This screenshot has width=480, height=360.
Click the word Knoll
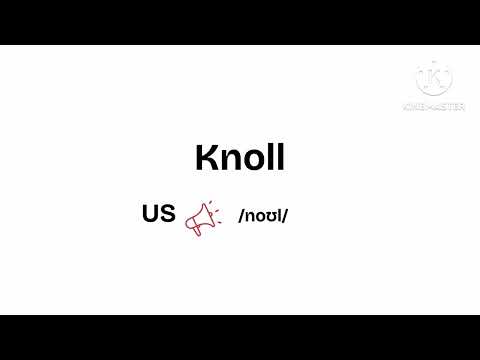[x=240, y=157]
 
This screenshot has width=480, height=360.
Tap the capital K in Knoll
[x=206, y=157]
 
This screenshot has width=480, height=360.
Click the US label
[x=159, y=214]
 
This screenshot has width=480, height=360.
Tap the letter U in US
[x=150, y=214]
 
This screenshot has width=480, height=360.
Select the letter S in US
[x=167, y=214]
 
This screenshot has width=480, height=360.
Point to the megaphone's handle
[x=197, y=231]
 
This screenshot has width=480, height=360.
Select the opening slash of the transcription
[x=241, y=216]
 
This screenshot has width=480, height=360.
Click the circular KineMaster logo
[x=434, y=79]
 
